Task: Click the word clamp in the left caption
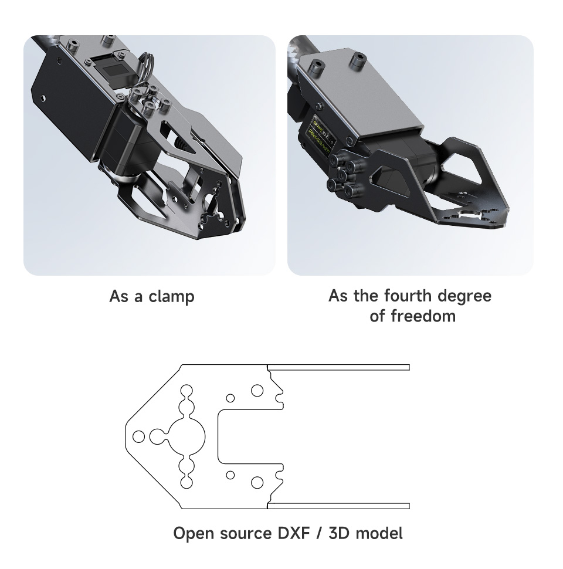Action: click(x=171, y=296)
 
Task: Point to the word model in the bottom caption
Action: click(x=376, y=534)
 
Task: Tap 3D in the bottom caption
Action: click(x=338, y=534)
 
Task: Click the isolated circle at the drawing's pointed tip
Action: click(x=139, y=436)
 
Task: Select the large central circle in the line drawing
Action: click(x=187, y=436)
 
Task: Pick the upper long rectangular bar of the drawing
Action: click(x=338, y=367)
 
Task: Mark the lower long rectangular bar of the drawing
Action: click(x=338, y=506)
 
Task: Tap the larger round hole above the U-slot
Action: click(x=257, y=390)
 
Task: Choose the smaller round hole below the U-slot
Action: click(x=230, y=474)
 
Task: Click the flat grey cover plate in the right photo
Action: click(x=358, y=100)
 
